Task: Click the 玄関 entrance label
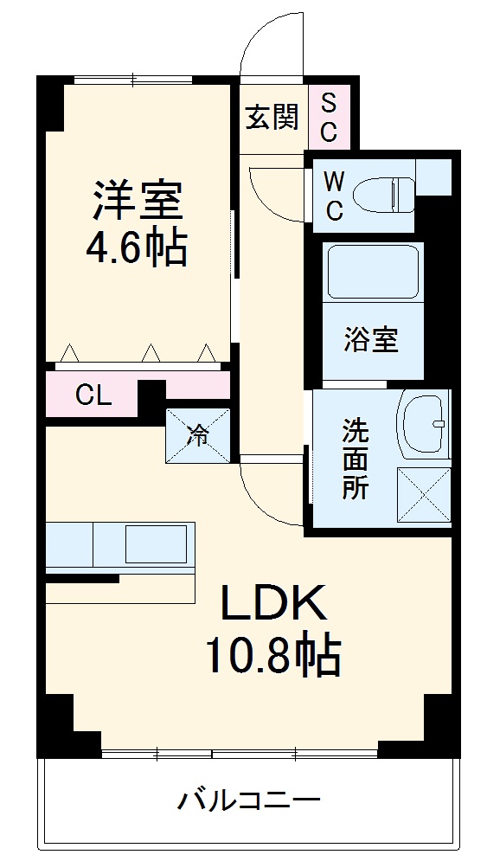pyautogui.click(x=271, y=117)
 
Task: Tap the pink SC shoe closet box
pyautogui.click(x=330, y=118)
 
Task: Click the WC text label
pyautogui.click(x=334, y=195)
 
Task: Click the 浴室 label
pyautogui.click(x=371, y=340)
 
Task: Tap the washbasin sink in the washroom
pyautogui.click(x=426, y=424)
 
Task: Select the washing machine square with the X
pyautogui.click(x=424, y=494)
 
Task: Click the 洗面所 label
pyautogui.click(x=355, y=459)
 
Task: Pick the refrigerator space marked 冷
pyautogui.click(x=198, y=435)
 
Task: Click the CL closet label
pyautogui.click(x=93, y=395)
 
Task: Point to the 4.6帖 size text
pyautogui.click(x=136, y=248)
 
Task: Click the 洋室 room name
pyautogui.click(x=137, y=200)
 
